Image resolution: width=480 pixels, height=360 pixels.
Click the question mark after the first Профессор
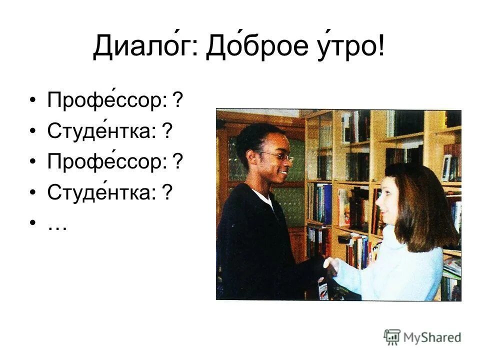point(177,101)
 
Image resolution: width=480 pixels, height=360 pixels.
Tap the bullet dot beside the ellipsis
point(33,223)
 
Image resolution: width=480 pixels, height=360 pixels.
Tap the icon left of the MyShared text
point(392,336)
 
